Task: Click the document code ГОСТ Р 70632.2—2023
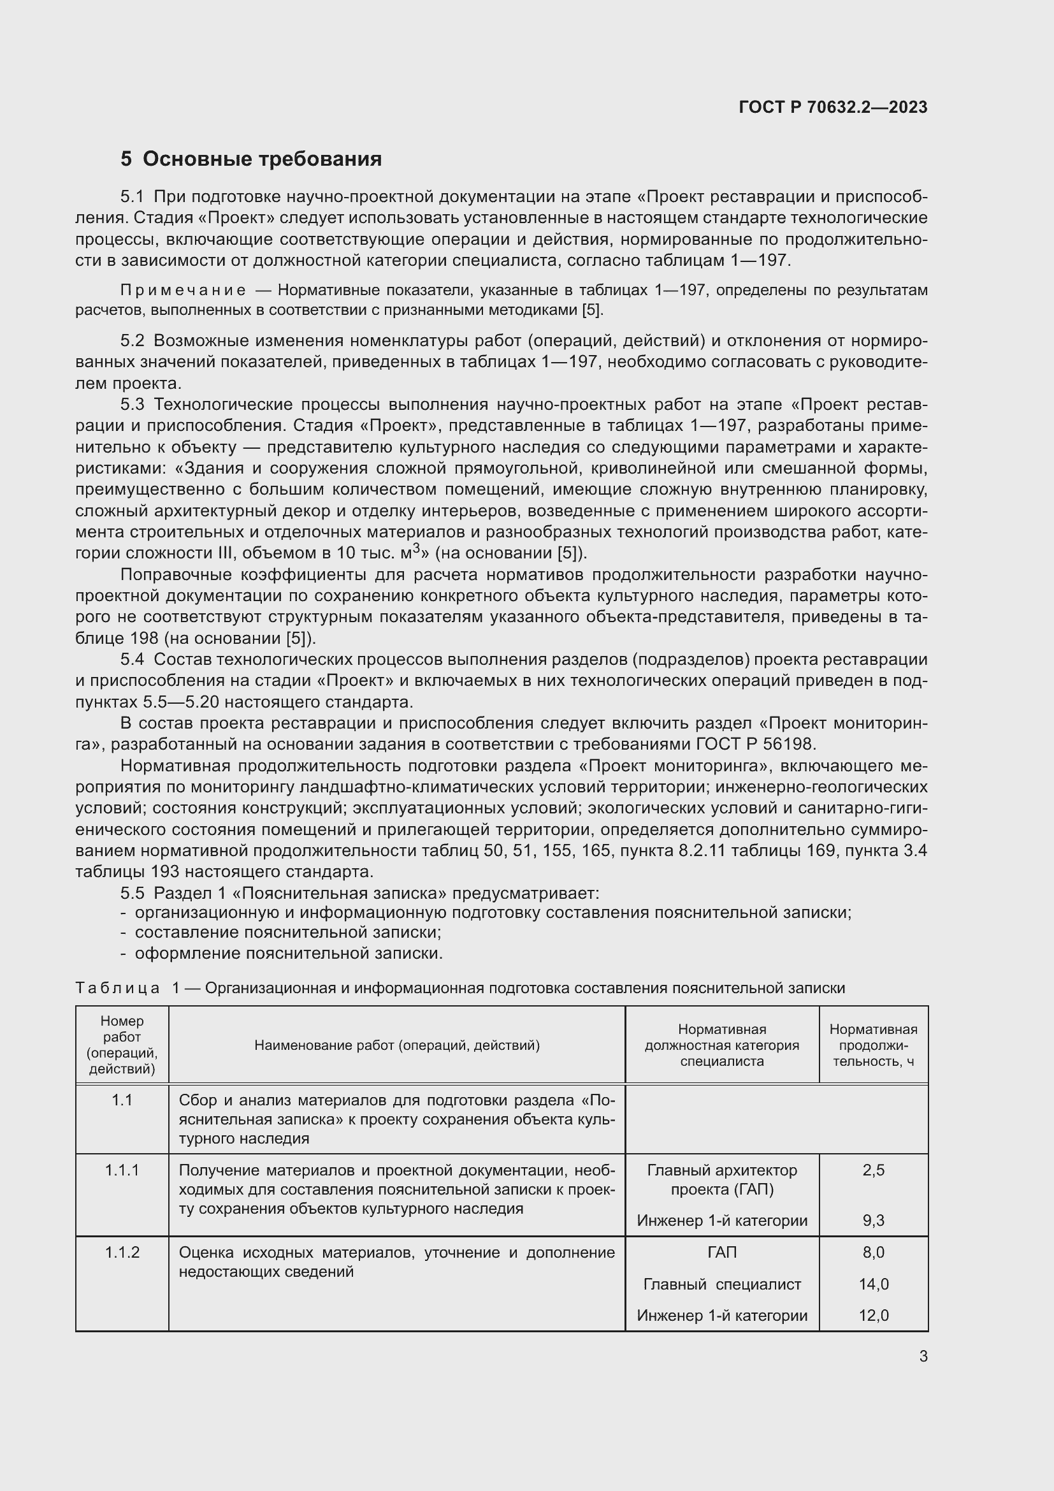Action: [x=833, y=107]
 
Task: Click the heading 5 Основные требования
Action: [x=250, y=159]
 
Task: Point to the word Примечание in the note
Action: [x=183, y=289]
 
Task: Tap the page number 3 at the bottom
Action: [x=923, y=1356]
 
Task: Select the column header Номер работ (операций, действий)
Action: [x=122, y=1045]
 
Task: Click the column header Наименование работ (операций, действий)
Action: [x=396, y=1045]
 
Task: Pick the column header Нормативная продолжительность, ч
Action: [x=873, y=1045]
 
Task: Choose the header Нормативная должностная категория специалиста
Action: [x=722, y=1045]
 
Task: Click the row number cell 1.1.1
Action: [x=122, y=1170]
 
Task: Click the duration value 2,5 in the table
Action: [x=873, y=1170]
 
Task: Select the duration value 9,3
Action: [x=873, y=1221]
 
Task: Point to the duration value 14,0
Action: [x=873, y=1284]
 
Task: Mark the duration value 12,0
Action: [x=873, y=1316]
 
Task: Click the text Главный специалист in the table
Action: [x=722, y=1284]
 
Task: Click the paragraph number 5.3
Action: [x=133, y=405]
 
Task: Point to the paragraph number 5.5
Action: [x=133, y=893]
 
